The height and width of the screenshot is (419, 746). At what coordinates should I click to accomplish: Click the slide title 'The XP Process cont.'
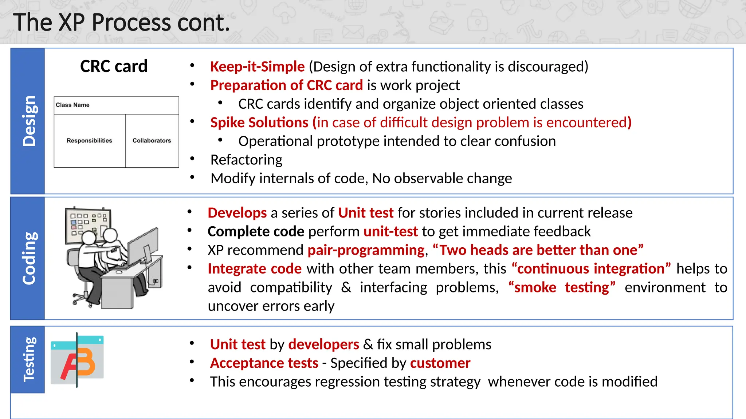coord(122,23)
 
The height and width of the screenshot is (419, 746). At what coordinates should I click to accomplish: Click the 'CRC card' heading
coord(114,67)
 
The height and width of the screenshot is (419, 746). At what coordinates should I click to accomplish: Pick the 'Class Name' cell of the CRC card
coord(72,105)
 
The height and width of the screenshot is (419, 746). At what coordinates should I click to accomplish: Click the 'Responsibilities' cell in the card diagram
coord(89,141)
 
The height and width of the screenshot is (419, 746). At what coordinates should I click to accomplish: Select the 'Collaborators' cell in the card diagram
coord(152,141)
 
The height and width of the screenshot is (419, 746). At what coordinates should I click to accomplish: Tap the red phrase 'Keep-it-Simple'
coord(257,67)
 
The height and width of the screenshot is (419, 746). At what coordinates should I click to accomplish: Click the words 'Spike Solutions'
coord(259,123)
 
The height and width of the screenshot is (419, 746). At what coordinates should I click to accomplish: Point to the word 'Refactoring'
coord(246,160)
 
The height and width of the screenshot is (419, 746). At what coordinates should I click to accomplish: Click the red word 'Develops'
coord(237,213)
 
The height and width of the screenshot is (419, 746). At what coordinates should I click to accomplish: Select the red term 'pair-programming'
coord(366,250)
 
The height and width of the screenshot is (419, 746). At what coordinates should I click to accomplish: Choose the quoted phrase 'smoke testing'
coord(562,288)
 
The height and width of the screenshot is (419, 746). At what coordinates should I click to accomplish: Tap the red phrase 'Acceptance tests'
coord(264,363)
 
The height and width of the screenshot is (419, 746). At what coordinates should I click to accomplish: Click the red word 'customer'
coord(440,363)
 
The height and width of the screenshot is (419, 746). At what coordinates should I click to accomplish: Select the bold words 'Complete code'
coord(256,232)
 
